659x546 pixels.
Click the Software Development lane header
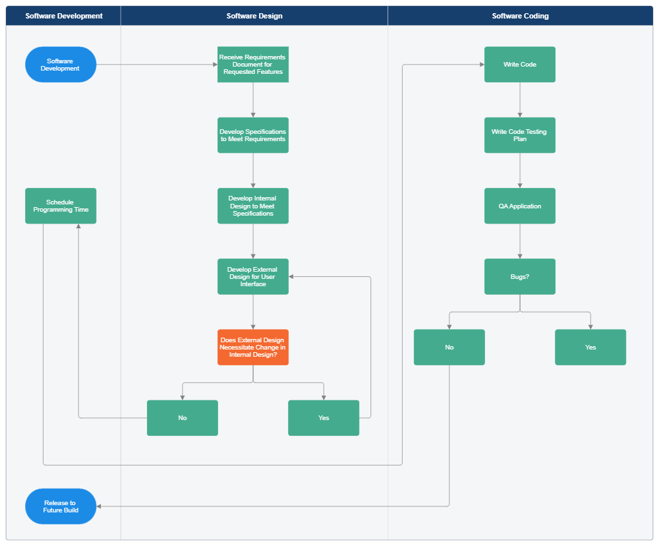64,16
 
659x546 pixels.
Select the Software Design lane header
254,16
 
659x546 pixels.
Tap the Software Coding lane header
520,16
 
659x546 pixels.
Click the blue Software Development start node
61,65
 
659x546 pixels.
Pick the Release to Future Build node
61,506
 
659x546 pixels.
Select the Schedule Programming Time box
61,206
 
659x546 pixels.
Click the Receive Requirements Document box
253,65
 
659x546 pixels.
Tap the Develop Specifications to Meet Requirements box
253,135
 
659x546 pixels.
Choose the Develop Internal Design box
253,206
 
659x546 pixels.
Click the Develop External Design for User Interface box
253,276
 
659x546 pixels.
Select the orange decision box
253,347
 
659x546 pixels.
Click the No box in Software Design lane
183,418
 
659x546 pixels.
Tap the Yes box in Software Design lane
324,418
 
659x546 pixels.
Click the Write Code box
520,65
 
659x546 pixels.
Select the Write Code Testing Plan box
520,135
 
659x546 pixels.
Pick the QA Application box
520,206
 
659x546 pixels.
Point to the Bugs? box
520,276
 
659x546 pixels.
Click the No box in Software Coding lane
449,347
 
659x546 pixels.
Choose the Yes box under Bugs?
590,347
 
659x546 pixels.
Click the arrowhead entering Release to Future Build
100,506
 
